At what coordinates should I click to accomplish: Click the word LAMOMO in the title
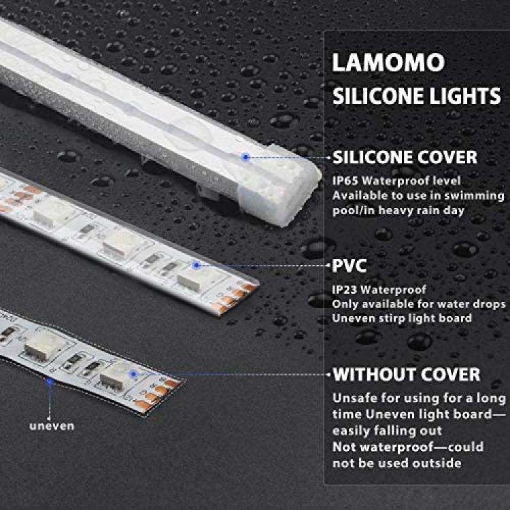tap(388, 63)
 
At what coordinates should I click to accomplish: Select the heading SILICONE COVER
tap(405, 158)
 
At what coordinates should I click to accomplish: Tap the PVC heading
tap(350, 266)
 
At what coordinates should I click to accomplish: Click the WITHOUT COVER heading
tap(406, 375)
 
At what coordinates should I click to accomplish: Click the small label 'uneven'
tap(52, 426)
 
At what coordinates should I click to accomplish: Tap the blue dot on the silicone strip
tap(246, 158)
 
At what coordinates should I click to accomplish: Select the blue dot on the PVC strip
tap(196, 265)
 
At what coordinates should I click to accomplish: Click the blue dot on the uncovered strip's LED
tap(133, 374)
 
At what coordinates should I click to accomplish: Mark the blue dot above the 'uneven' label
tap(50, 381)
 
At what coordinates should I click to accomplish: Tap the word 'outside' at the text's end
tap(437, 463)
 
